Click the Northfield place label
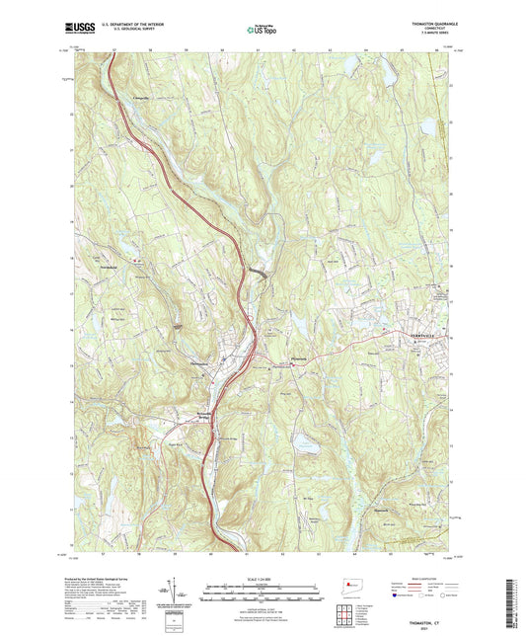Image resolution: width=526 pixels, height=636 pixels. coord(108,267)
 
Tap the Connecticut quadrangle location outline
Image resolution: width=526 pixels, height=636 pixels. coord(349,585)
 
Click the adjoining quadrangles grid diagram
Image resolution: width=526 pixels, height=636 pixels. coord(349,609)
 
